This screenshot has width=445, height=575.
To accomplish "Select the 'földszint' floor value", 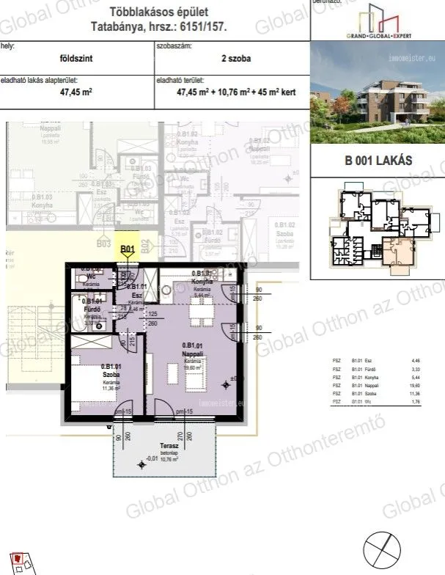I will click(76, 59).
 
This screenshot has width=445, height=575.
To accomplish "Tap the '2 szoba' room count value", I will click(231, 59).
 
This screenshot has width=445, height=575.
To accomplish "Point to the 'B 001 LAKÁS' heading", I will click(377, 161).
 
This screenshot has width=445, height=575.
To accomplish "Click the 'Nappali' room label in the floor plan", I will click(194, 354).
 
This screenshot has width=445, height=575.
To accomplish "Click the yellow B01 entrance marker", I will click(127, 249).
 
